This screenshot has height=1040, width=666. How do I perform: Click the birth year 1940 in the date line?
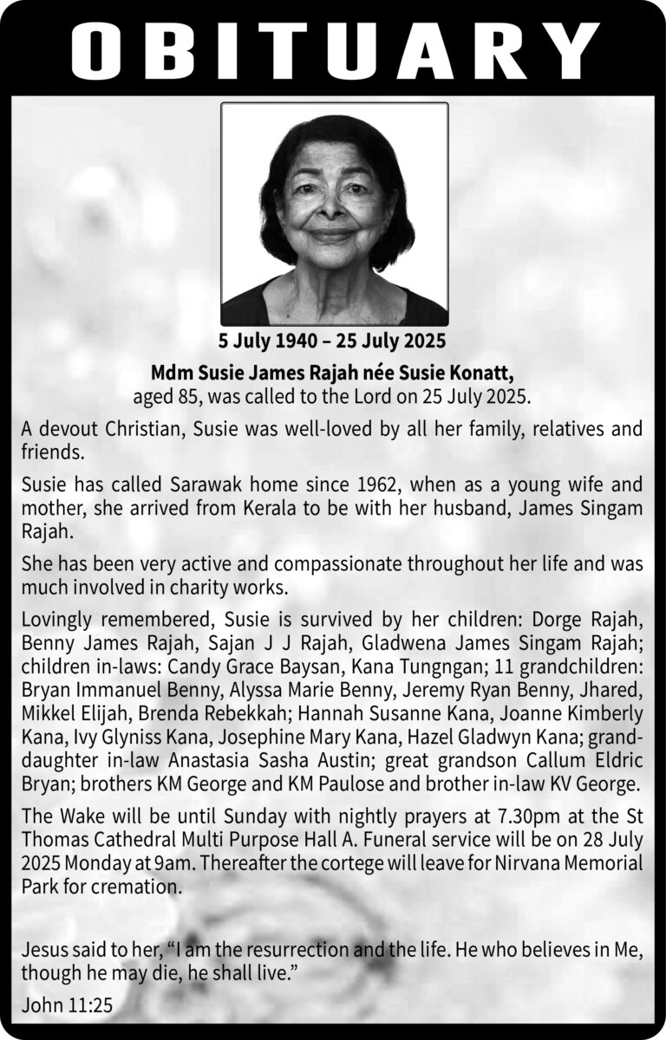(299, 340)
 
